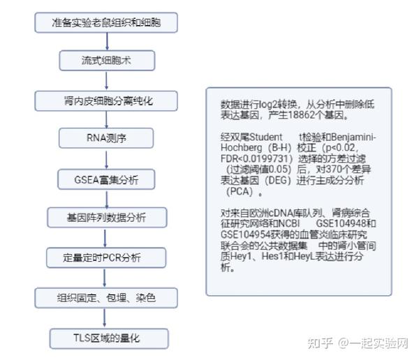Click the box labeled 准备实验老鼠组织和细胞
106,22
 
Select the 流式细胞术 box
107,61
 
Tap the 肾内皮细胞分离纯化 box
106,101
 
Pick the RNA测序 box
106,138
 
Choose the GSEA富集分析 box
106,179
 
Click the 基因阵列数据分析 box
107,218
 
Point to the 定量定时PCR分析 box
106,257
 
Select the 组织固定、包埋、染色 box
106,298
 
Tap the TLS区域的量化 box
109,338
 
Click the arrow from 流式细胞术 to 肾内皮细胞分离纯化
107,81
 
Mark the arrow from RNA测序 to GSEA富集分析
107,159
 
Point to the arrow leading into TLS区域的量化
105,318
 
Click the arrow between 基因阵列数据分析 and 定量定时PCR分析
105,238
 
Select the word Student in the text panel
265,137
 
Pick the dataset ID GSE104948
340,223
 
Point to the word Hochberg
242,148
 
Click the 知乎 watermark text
320,343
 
